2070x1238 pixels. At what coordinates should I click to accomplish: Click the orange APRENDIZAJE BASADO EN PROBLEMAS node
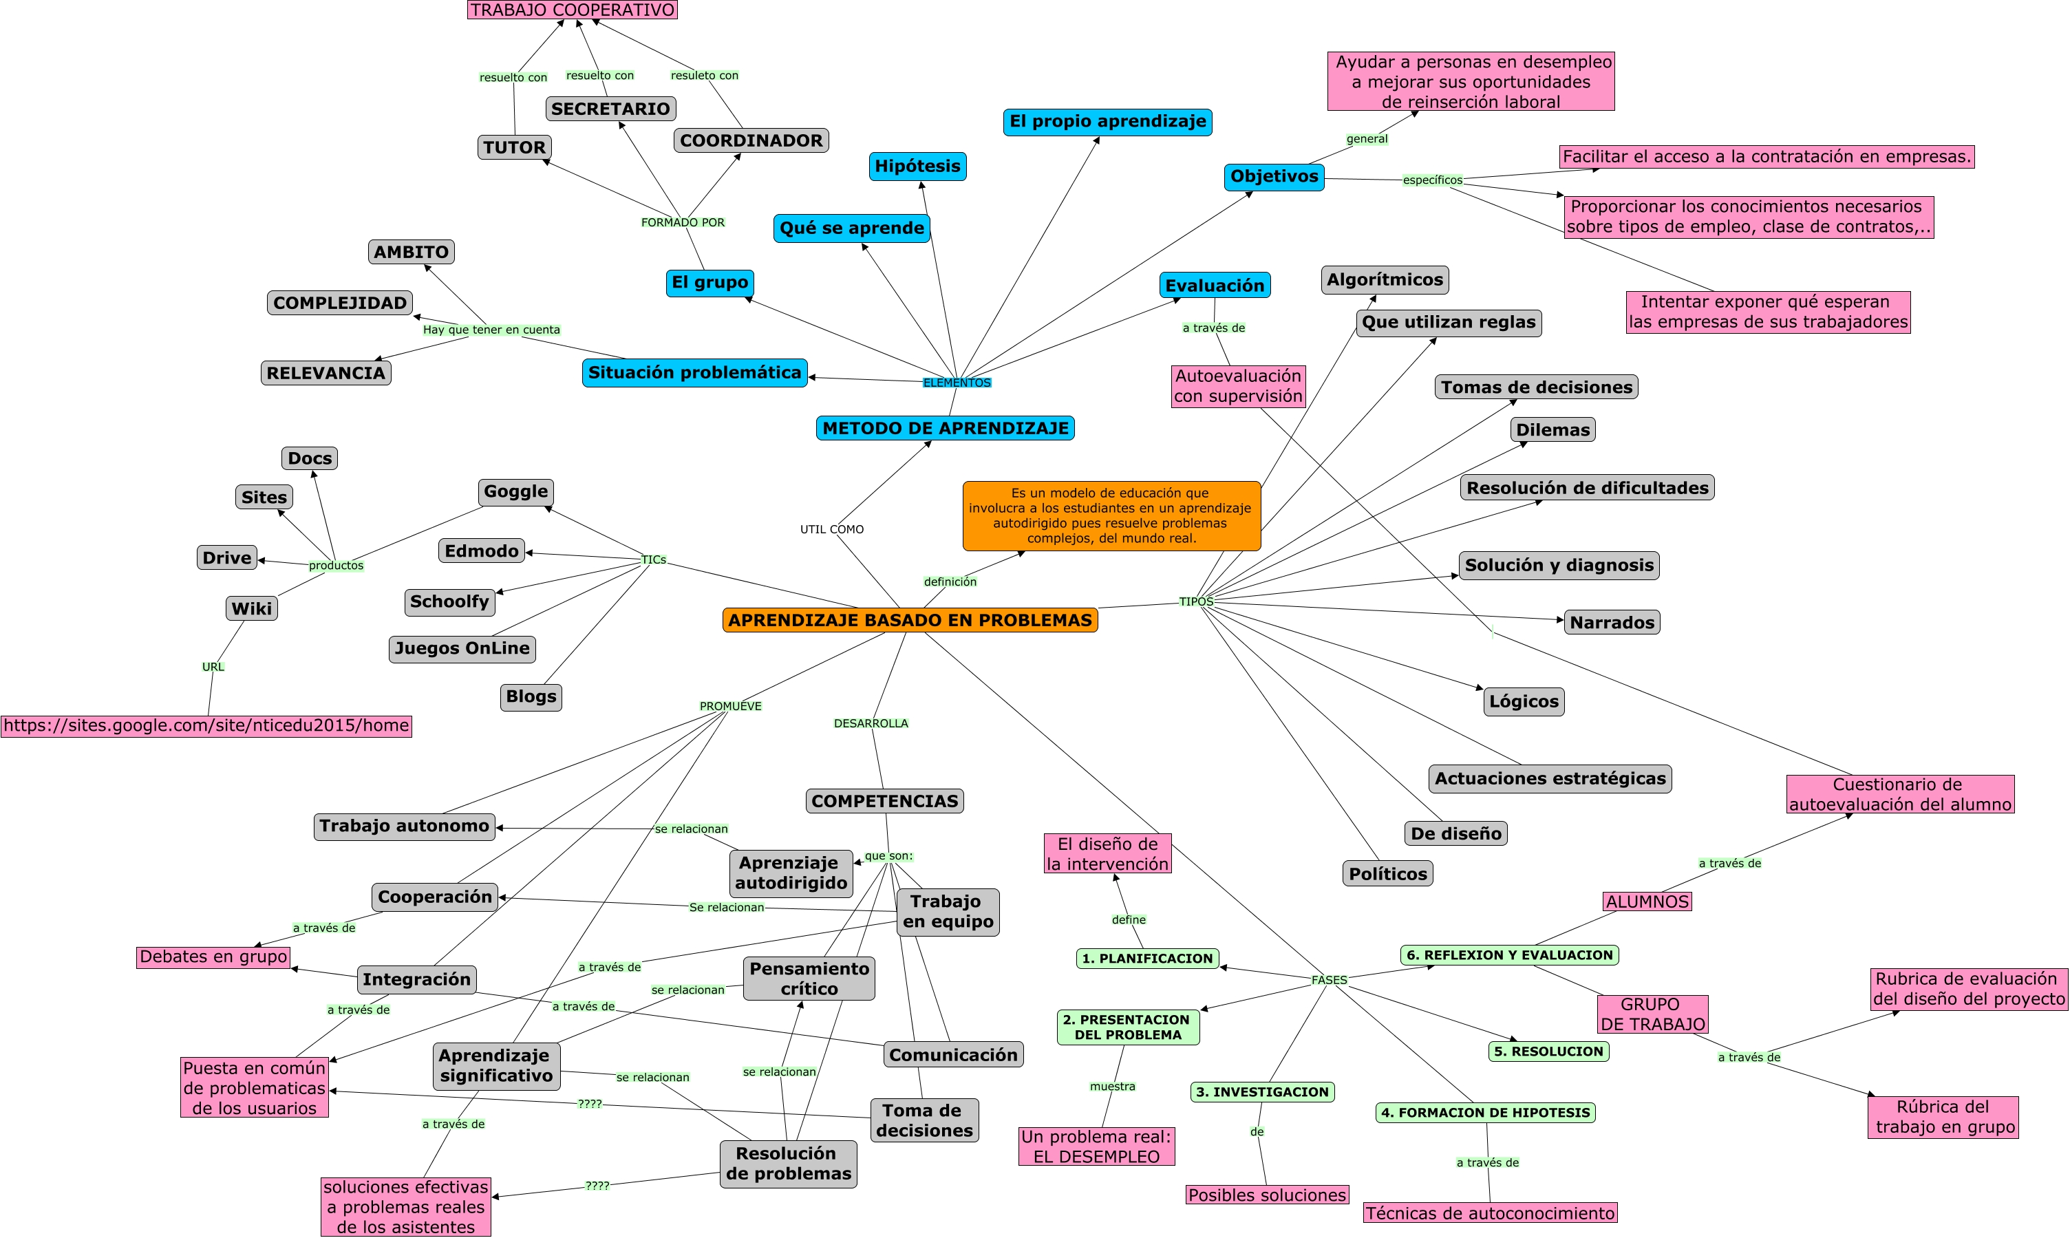(x=909, y=620)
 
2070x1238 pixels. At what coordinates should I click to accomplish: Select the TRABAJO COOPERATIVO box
(x=572, y=10)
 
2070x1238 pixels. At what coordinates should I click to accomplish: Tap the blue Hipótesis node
(x=917, y=166)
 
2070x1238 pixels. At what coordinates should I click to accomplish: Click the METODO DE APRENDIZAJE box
(x=945, y=428)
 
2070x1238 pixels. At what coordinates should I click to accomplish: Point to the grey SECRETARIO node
(x=610, y=109)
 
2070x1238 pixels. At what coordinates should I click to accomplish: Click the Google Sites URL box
(x=206, y=726)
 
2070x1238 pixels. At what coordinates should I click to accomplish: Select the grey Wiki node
(x=251, y=608)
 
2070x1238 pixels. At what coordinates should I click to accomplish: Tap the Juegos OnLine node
(x=462, y=648)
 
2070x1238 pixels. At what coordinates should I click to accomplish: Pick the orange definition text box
(x=1110, y=515)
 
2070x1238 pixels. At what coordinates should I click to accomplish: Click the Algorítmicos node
(x=1385, y=279)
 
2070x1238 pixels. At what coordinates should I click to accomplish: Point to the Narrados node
(x=1611, y=622)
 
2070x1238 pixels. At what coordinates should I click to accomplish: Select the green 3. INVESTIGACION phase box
(x=1262, y=1092)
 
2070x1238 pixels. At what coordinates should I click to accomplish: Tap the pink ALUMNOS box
(x=1647, y=901)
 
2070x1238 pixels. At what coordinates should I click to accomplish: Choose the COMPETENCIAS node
(x=884, y=801)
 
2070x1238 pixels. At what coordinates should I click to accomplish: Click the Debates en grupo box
(x=213, y=957)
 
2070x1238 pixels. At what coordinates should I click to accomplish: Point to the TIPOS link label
(x=1195, y=601)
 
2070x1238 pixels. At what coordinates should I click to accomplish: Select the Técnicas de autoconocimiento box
(x=1489, y=1213)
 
